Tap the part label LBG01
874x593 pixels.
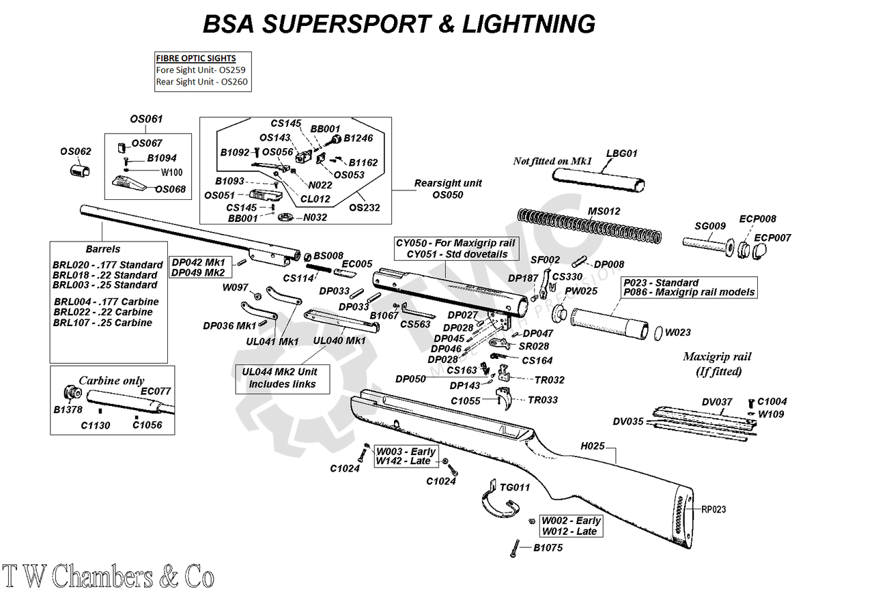tap(621, 154)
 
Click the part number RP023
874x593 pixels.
tap(713, 509)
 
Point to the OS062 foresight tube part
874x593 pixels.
tap(81, 169)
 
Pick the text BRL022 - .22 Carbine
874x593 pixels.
tap(102, 312)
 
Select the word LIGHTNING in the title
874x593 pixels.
tap(528, 25)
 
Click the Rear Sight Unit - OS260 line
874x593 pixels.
tap(202, 83)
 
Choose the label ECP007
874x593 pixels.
tap(772, 237)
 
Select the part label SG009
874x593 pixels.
tap(711, 226)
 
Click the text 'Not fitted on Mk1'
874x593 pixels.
tap(552, 162)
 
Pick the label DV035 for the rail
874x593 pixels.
tap(628, 422)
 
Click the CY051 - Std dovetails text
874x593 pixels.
tap(457, 254)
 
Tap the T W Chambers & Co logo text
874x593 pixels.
tap(108, 577)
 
